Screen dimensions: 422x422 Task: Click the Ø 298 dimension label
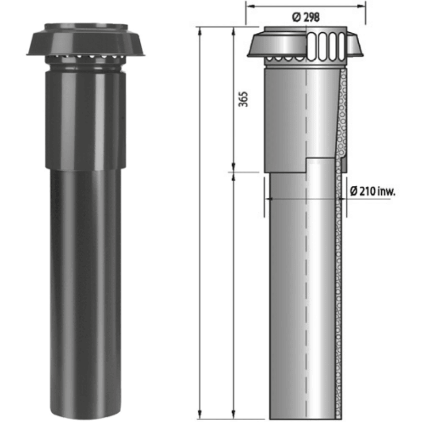(x=306, y=18)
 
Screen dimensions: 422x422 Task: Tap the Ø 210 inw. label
(x=372, y=192)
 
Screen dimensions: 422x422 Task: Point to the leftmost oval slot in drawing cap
(x=312, y=46)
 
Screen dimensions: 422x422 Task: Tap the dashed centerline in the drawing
(x=306, y=265)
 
